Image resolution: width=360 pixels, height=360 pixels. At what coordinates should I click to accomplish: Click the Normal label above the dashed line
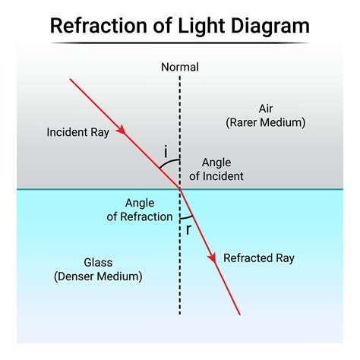point(180,67)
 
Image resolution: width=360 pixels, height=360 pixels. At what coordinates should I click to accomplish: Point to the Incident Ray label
point(77,131)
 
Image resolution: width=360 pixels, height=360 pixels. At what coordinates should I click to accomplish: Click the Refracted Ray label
point(258,258)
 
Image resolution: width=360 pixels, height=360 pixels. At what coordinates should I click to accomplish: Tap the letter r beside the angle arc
point(188,229)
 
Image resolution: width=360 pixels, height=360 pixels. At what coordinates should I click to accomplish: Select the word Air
point(264,108)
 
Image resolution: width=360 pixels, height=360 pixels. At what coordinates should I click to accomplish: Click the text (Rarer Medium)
point(264,122)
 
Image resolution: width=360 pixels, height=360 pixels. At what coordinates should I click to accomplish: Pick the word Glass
point(98,263)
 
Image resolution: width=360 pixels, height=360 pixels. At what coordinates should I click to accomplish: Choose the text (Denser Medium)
point(98,276)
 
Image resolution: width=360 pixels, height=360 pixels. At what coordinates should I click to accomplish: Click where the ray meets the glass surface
point(180,188)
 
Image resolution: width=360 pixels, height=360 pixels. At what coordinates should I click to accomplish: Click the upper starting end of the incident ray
point(70,78)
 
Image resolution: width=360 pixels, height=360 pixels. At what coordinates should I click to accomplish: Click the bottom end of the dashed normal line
point(180,314)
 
